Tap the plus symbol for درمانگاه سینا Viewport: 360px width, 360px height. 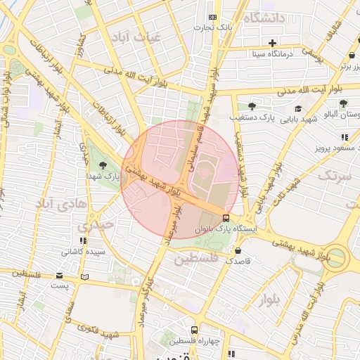(x=272, y=43)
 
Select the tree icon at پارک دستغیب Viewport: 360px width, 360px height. (x=252, y=106)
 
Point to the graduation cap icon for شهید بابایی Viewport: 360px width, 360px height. (x=298, y=108)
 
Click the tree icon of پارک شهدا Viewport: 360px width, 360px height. (x=103, y=165)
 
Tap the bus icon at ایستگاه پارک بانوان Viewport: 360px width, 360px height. (x=225, y=218)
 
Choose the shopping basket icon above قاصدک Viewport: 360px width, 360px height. (x=238, y=250)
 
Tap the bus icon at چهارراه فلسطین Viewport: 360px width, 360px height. (x=194, y=330)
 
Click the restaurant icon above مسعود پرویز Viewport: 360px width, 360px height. (x=344, y=138)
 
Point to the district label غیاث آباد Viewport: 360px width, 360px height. (x=139, y=35)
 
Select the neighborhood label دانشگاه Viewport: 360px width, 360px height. (x=264, y=18)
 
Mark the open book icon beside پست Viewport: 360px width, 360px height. (x=85, y=276)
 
